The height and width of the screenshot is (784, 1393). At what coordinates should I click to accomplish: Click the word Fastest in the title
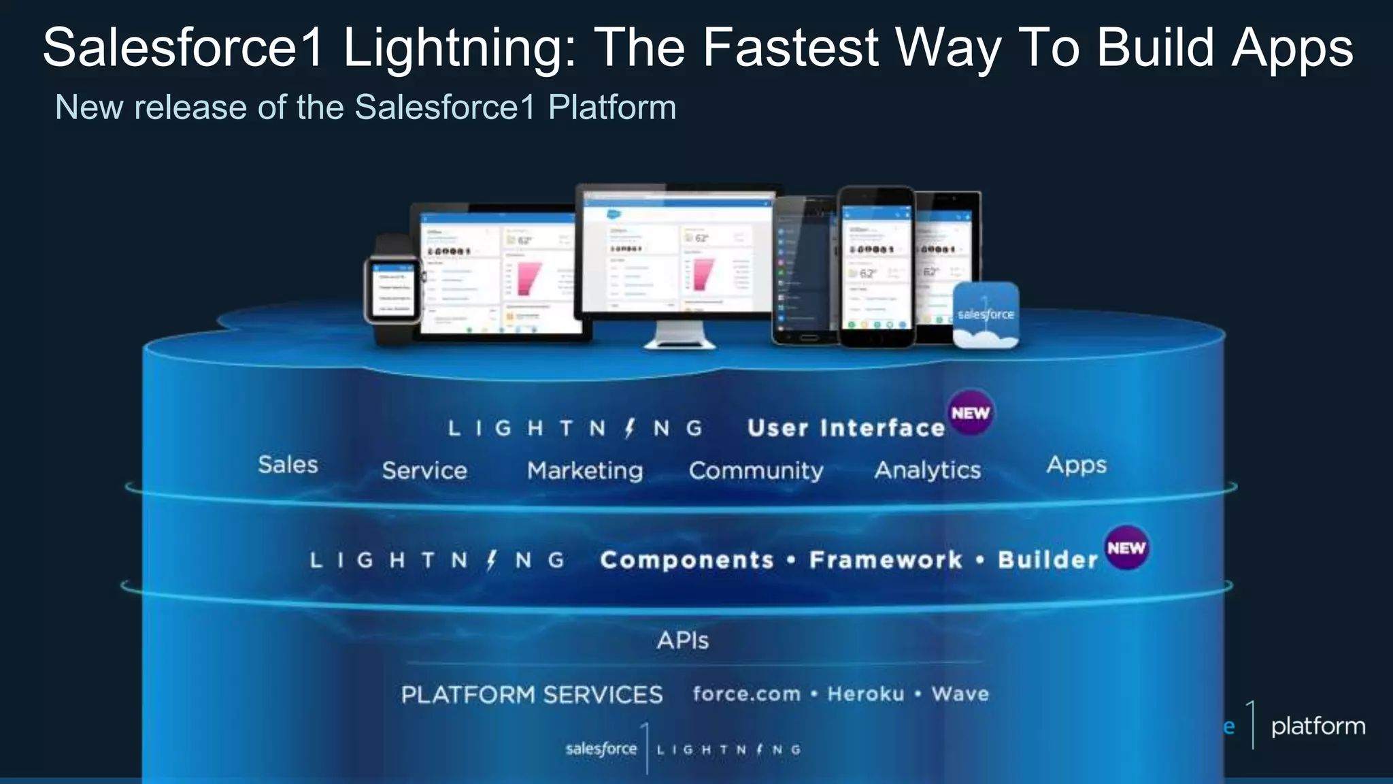[790, 48]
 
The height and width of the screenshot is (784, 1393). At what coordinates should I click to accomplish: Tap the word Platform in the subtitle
[611, 108]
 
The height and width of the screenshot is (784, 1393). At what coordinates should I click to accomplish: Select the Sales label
[288, 465]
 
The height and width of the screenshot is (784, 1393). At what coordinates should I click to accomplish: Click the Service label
[424, 471]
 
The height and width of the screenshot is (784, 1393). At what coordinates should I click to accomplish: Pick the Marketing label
[585, 471]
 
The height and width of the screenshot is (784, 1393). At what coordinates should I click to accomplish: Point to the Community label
[756, 471]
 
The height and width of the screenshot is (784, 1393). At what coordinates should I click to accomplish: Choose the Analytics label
[928, 470]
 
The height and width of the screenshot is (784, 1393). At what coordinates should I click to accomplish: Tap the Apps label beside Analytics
[1077, 465]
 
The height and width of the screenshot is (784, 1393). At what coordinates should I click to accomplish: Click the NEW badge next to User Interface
[971, 413]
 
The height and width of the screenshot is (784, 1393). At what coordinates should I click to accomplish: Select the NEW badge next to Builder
[1126, 548]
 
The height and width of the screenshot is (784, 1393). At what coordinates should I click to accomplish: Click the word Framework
[886, 560]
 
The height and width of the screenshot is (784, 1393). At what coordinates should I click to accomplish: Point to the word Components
[687, 560]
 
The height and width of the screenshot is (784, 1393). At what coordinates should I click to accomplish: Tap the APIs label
[683, 640]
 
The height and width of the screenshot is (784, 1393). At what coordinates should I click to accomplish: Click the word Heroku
[866, 694]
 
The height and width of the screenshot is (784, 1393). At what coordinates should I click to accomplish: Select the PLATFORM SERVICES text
[532, 695]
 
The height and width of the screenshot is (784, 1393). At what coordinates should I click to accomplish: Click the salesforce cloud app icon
[986, 315]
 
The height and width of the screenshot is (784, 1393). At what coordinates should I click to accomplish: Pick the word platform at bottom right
[1318, 726]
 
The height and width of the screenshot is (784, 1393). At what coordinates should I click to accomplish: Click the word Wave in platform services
[960, 694]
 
